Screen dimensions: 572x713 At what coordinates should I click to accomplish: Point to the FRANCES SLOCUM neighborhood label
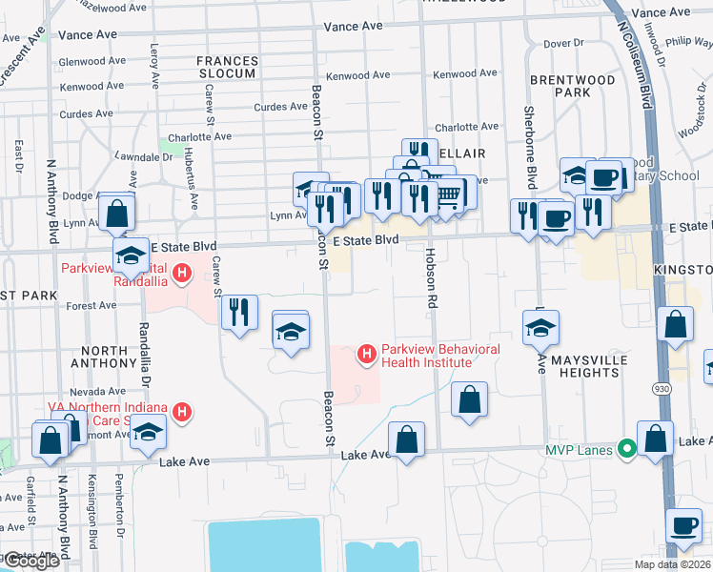click(227, 68)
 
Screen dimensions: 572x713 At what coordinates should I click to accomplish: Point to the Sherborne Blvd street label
click(529, 146)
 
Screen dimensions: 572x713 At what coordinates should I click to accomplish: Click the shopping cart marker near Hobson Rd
click(450, 195)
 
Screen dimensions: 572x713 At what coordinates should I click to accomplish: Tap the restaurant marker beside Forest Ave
click(239, 311)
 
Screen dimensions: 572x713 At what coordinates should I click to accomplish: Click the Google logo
click(31, 562)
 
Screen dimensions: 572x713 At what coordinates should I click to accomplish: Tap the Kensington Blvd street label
click(92, 510)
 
